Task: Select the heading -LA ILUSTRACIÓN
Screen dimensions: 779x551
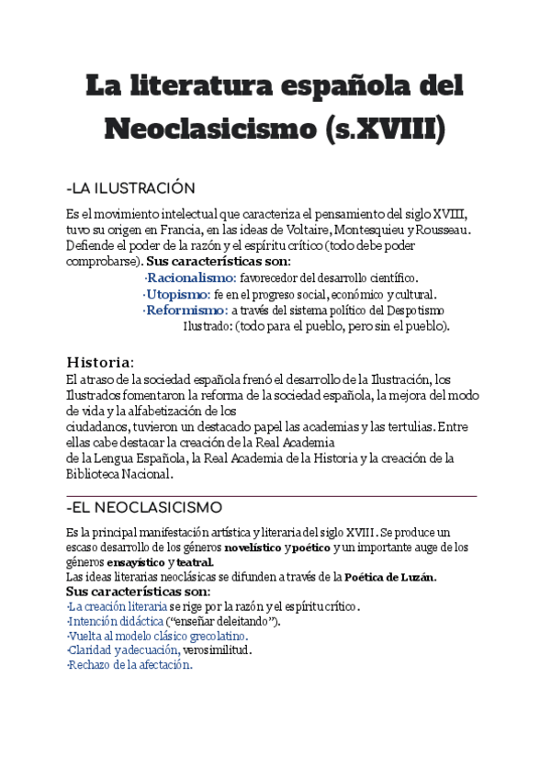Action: tap(131, 188)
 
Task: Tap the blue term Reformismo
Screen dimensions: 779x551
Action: tap(186, 310)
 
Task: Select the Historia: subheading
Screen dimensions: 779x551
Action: tap(101, 359)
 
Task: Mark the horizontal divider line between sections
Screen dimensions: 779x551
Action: tap(272, 495)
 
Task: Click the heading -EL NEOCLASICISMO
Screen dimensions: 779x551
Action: tap(144, 507)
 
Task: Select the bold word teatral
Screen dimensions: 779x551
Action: tap(196, 562)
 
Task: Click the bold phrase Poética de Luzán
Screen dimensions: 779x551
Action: tap(388, 577)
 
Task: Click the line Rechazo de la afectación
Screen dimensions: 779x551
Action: tap(129, 665)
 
